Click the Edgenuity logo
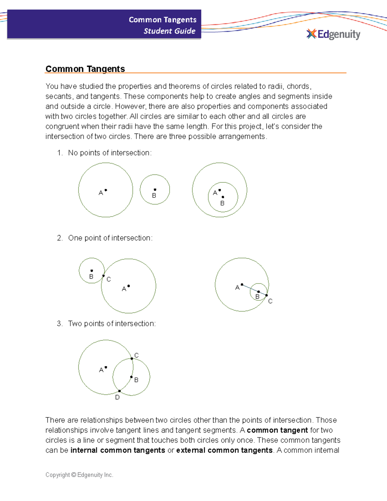[333, 34]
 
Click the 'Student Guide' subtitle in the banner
[169, 31]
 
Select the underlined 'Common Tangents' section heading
[85, 69]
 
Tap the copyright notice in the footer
[79, 475]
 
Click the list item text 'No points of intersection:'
[110, 153]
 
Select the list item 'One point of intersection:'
[110, 238]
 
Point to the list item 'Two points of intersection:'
[112, 324]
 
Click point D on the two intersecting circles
[119, 391]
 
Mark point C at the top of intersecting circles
[132, 358]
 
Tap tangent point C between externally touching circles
[104, 276]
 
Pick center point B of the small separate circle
[155, 190]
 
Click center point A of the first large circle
[106, 190]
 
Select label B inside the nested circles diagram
[222, 203]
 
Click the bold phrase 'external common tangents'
[224, 450]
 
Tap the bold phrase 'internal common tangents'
[118, 450]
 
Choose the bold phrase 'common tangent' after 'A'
[277, 430]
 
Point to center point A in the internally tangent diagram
[242, 285]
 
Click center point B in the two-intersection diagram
[131, 377]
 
